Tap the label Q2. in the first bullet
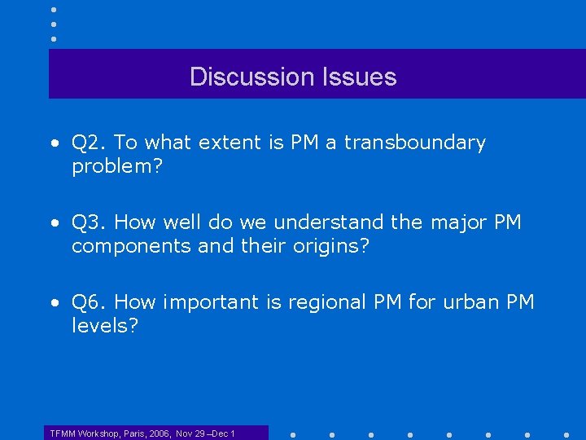(90, 143)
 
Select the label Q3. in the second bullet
(90, 222)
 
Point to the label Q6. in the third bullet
(90, 302)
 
